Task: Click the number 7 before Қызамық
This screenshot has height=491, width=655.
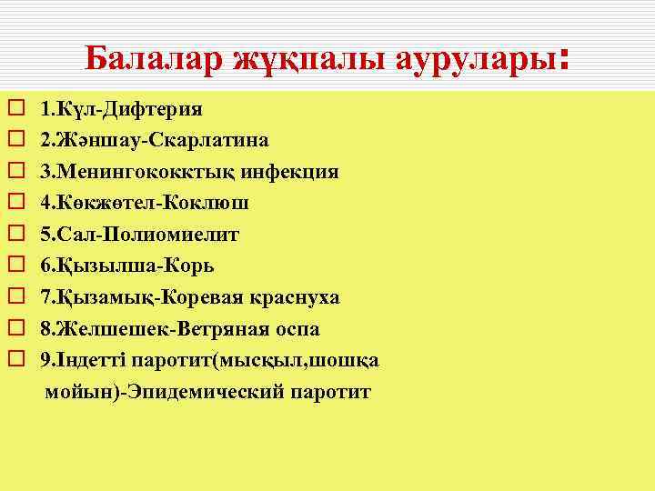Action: point(45,297)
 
